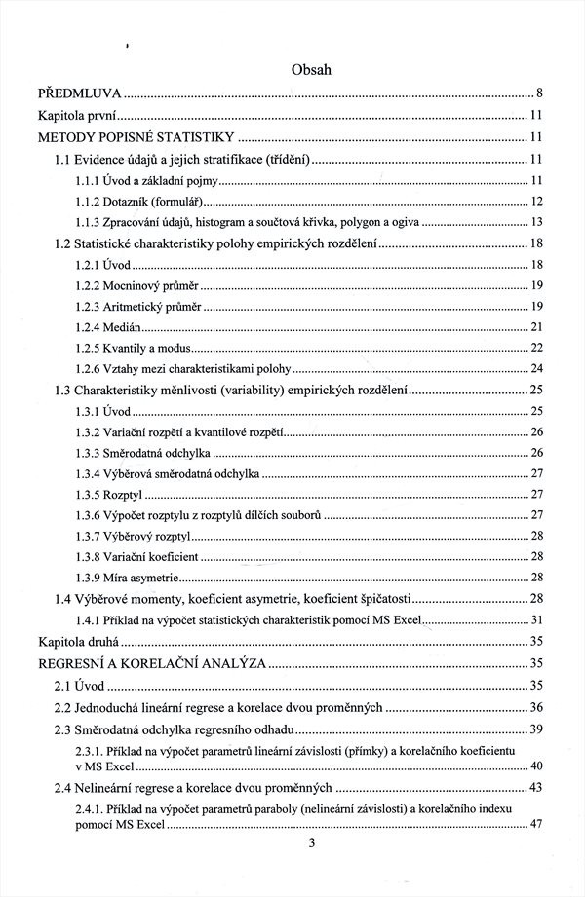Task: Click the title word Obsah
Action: [311, 70]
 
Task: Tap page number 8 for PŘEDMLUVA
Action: [539, 94]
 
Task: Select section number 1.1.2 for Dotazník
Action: [91, 202]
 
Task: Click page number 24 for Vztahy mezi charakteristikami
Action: [535, 368]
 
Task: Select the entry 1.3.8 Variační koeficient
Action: [137, 556]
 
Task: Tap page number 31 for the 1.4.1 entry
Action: [535, 620]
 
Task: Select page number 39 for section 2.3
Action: [535, 730]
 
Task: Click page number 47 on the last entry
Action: [535, 825]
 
